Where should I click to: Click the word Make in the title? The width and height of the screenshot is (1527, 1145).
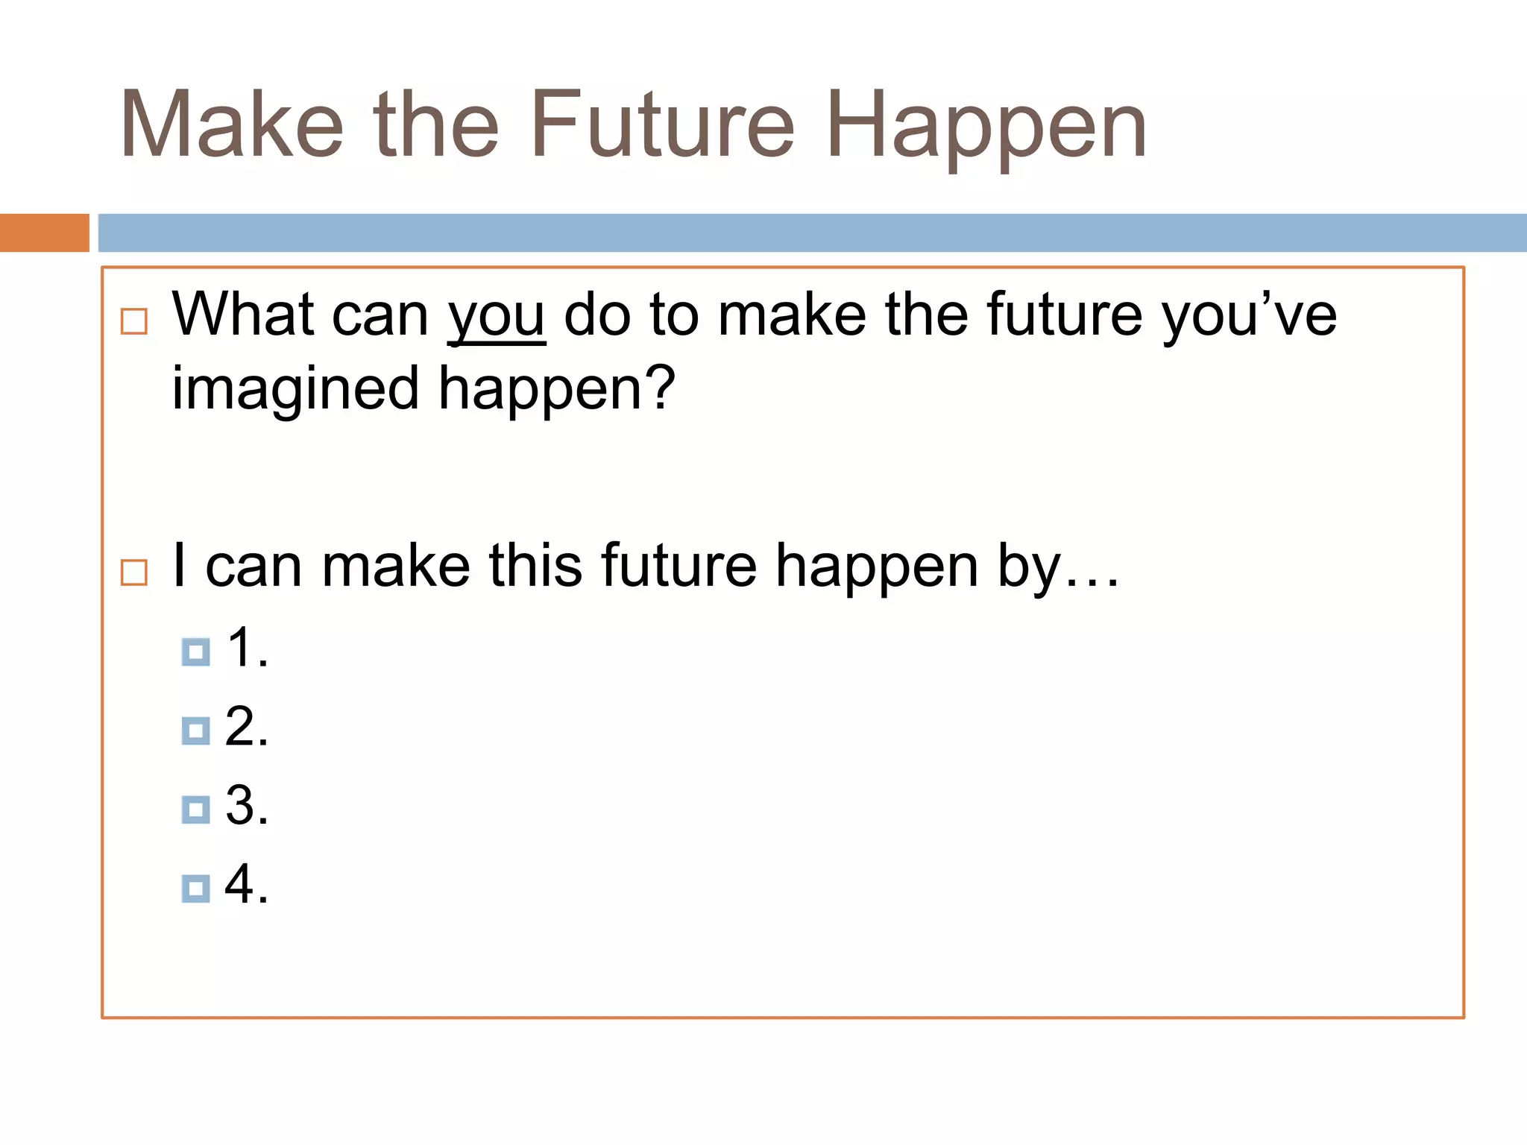coord(232,124)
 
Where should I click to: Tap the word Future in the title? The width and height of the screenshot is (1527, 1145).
coord(663,124)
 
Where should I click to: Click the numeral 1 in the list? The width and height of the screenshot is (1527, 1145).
coord(240,647)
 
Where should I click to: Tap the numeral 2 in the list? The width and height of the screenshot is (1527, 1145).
coord(240,726)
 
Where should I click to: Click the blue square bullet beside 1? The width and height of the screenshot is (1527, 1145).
coord(195,652)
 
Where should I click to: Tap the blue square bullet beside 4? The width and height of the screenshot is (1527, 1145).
coord(195,889)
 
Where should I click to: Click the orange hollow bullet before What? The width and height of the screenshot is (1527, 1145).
coord(134,322)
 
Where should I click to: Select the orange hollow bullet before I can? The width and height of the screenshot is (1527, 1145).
coord(134,572)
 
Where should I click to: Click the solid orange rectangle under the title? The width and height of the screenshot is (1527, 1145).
coord(44,233)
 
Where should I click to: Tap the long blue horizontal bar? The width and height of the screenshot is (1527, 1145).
coord(812,233)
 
